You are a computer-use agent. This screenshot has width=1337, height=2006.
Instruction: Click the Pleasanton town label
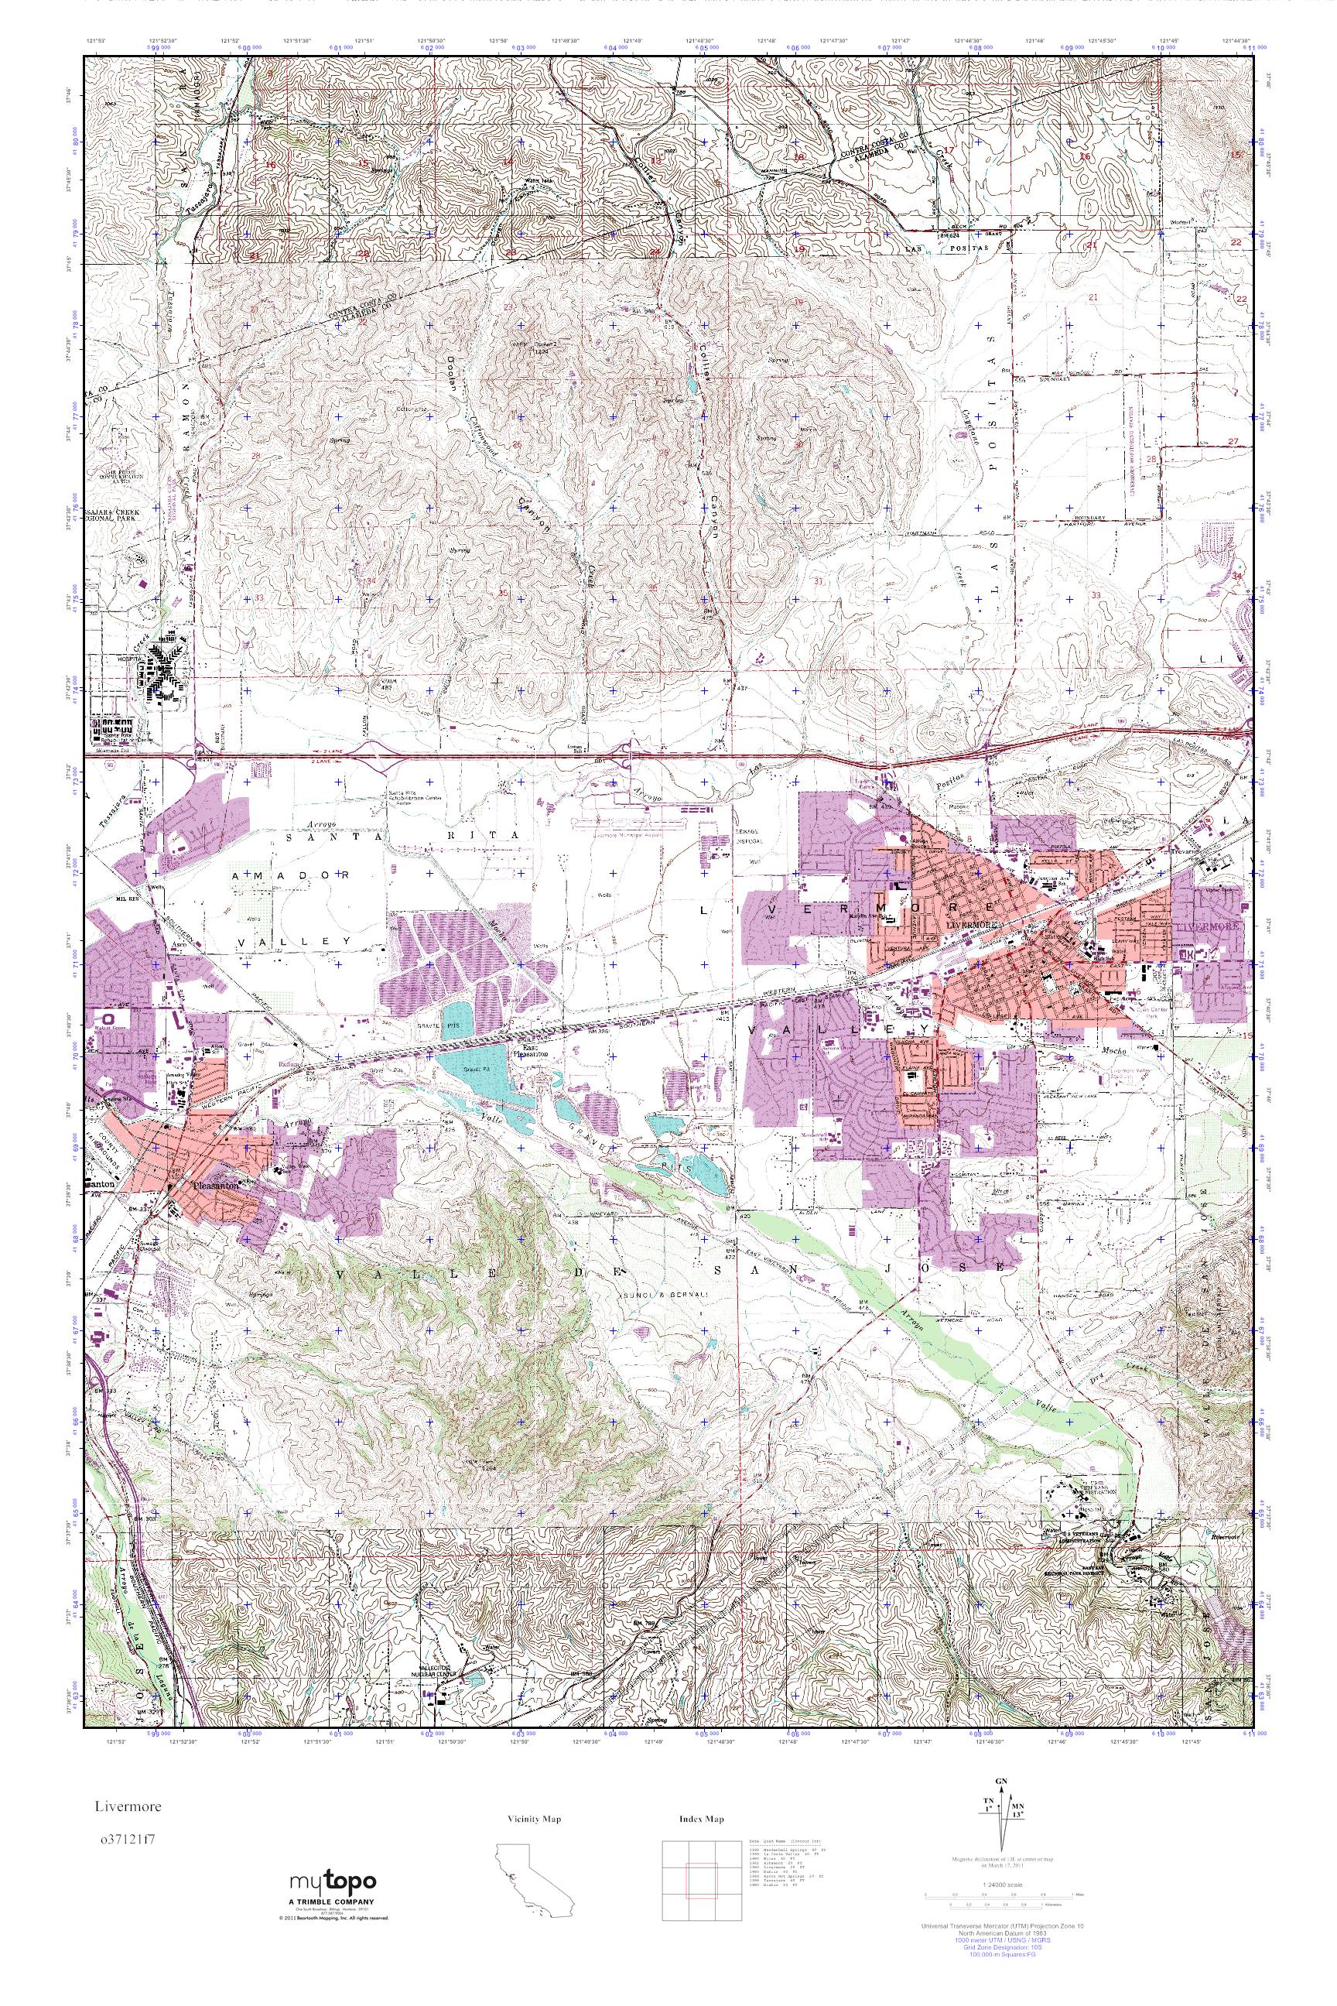(215, 1185)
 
